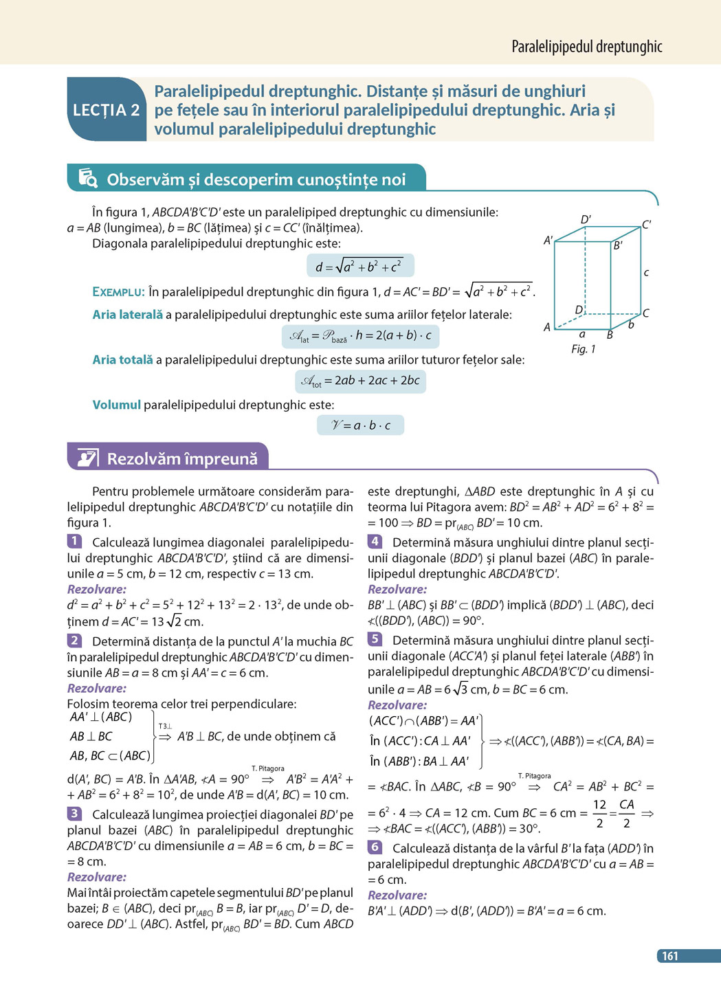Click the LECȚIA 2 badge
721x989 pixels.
coord(107,110)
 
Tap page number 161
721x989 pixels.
coord(670,956)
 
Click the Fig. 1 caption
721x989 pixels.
coord(583,349)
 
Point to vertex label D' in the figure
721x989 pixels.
coord(586,220)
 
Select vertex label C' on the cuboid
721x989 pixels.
coord(647,225)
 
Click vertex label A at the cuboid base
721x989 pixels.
coord(547,327)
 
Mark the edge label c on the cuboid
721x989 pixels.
coord(646,273)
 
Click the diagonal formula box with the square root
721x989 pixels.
coord(360,266)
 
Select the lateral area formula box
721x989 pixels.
coord(360,336)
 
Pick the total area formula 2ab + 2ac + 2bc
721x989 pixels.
coord(360,381)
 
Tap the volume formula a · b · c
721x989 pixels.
coord(360,425)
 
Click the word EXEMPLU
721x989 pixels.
coord(118,292)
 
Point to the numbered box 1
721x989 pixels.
coord(74,542)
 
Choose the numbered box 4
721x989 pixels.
coord(375,542)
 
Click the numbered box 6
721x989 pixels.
coord(375,847)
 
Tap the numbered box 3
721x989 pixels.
coord(74,814)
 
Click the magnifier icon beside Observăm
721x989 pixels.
coord(88,178)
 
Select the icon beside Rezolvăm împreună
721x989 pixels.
coord(87,458)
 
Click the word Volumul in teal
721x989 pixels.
coord(116,405)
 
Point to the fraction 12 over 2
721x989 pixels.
coord(599,814)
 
